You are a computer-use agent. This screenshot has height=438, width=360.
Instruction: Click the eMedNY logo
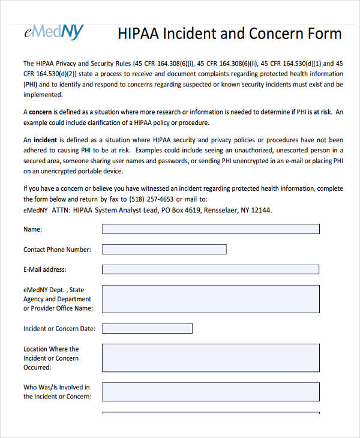(x=53, y=32)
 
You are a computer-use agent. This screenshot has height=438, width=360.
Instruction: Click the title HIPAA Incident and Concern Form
(x=230, y=33)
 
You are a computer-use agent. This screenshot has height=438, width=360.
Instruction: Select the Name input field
(x=211, y=229)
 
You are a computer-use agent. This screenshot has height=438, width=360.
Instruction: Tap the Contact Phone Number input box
(x=164, y=250)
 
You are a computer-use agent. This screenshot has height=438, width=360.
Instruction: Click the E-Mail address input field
(x=211, y=269)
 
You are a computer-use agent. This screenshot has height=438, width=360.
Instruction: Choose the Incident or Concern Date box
(x=148, y=328)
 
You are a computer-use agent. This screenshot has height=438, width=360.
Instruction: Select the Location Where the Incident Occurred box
(x=211, y=358)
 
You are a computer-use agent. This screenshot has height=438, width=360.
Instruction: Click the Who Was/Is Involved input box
(x=211, y=392)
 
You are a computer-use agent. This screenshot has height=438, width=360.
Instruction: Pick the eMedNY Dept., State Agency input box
(x=211, y=299)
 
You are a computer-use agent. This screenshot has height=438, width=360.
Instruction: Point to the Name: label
(x=33, y=229)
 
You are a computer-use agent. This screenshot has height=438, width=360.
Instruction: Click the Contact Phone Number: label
(x=57, y=250)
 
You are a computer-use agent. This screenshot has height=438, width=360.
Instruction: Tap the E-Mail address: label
(x=45, y=269)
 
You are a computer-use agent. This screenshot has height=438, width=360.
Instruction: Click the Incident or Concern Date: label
(x=59, y=329)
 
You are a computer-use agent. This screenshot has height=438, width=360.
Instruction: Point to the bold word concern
(x=40, y=112)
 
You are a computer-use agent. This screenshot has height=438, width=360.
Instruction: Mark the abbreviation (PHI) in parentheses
(x=32, y=85)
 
